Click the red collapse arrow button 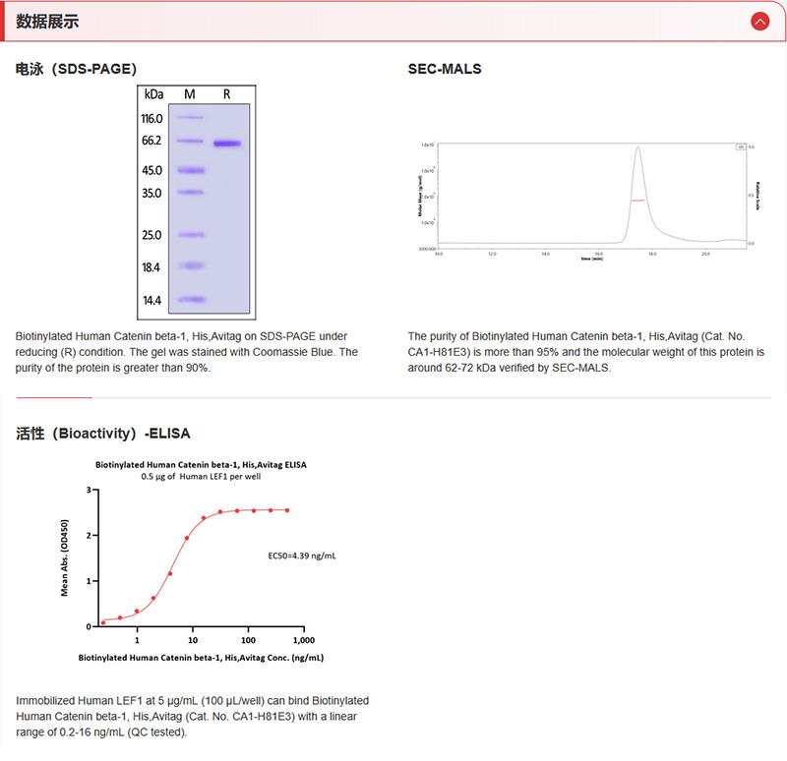(x=758, y=22)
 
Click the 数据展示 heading (x=48, y=22)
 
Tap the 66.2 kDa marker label (x=151, y=142)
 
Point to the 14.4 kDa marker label (x=151, y=301)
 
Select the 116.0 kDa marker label (x=151, y=118)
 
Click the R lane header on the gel (x=227, y=94)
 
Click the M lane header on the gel (x=190, y=94)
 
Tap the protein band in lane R (x=227, y=144)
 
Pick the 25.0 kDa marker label (x=151, y=236)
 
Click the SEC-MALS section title (x=445, y=70)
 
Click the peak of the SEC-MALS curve (x=638, y=148)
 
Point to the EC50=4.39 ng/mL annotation (x=302, y=556)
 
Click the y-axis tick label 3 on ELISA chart (x=89, y=489)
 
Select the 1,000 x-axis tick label (x=303, y=639)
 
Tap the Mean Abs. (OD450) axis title (x=66, y=556)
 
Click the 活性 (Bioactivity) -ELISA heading (x=103, y=433)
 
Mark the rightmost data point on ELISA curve (x=287, y=509)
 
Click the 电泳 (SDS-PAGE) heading (x=76, y=70)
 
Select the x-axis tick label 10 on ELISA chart (x=193, y=639)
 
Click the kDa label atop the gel (x=153, y=94)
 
